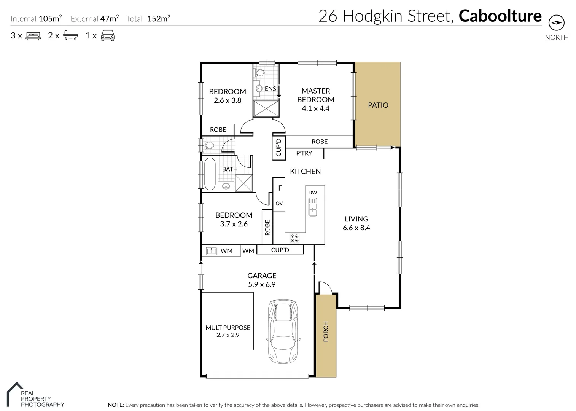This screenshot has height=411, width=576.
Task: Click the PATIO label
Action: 378,105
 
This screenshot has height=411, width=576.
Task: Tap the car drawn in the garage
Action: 283,331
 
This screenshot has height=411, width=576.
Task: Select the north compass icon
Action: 556,23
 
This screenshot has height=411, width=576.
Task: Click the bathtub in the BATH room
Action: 210,174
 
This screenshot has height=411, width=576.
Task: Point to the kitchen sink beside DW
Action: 312,207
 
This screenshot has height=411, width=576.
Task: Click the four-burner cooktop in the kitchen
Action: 294,238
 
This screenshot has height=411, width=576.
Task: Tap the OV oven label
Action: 279,203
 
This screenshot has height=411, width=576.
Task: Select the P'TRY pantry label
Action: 304,153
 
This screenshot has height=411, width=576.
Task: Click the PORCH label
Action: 326,331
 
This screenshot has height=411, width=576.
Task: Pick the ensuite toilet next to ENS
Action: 260,72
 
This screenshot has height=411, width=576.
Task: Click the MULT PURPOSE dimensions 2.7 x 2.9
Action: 228,335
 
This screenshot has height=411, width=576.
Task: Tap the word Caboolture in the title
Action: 500,16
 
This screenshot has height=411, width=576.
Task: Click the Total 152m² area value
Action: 158,19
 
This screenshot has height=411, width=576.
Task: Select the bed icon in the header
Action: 33,36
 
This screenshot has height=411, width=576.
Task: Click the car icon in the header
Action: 108,35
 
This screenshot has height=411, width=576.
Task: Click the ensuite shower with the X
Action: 266,108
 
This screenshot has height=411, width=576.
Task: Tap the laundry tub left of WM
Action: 211,251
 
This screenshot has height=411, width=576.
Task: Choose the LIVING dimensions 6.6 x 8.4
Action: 356,228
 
